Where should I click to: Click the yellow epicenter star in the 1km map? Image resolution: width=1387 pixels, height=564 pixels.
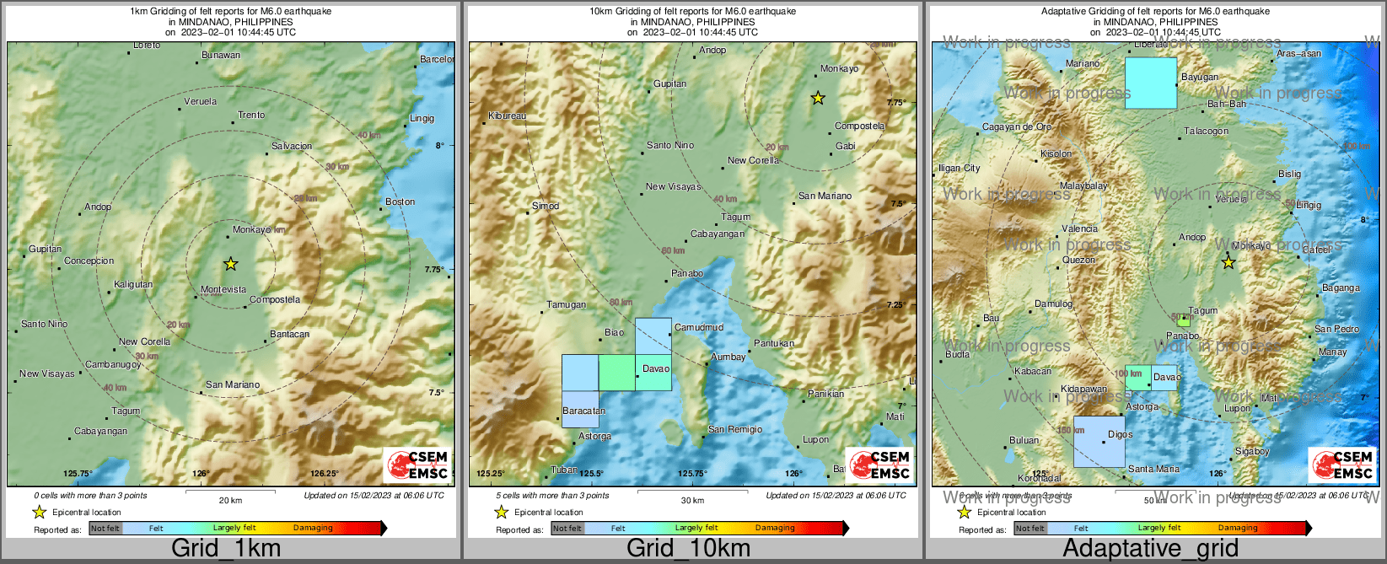tap(230, 264)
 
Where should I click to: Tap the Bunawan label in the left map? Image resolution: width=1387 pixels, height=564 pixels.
tap(221, 56)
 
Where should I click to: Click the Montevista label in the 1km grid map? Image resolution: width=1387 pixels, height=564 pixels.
tap(223, 290)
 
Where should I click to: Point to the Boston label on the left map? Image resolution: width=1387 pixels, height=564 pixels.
tap(401, 201)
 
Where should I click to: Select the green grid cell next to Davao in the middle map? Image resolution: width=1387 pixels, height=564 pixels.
tap(617, 373)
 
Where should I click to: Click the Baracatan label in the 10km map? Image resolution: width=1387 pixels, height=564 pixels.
tap(583, 411)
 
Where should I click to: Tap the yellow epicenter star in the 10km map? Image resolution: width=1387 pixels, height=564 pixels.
tap(817, 99)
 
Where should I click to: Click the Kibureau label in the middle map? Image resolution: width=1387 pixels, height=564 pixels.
tap(507, 116)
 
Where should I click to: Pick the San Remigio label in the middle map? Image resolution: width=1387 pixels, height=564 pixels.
tap(734, 430)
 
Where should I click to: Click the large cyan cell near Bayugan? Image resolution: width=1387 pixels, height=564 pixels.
tap(1151, 83)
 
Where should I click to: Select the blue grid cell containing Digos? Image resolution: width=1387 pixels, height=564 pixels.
tap(1099, 442)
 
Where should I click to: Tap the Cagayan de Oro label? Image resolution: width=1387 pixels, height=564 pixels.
tap(1017, 127)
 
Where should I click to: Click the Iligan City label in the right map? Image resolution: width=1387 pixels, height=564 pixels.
tap(960, 169)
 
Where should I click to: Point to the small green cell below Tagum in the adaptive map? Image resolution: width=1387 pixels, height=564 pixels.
tap(1184, 321)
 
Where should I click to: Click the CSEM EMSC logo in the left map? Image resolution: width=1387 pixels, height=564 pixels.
tap(417, 465)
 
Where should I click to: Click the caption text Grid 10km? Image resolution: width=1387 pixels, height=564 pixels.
tap(688, 548)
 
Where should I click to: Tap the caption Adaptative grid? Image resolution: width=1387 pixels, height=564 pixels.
tap(1150, 548)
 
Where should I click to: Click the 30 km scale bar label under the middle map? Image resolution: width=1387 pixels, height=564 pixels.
tap(692, 501)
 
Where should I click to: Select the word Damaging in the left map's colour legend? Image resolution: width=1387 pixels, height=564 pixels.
tap(313, 528)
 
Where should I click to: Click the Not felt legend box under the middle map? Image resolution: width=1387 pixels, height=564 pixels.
tap(567, 529)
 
